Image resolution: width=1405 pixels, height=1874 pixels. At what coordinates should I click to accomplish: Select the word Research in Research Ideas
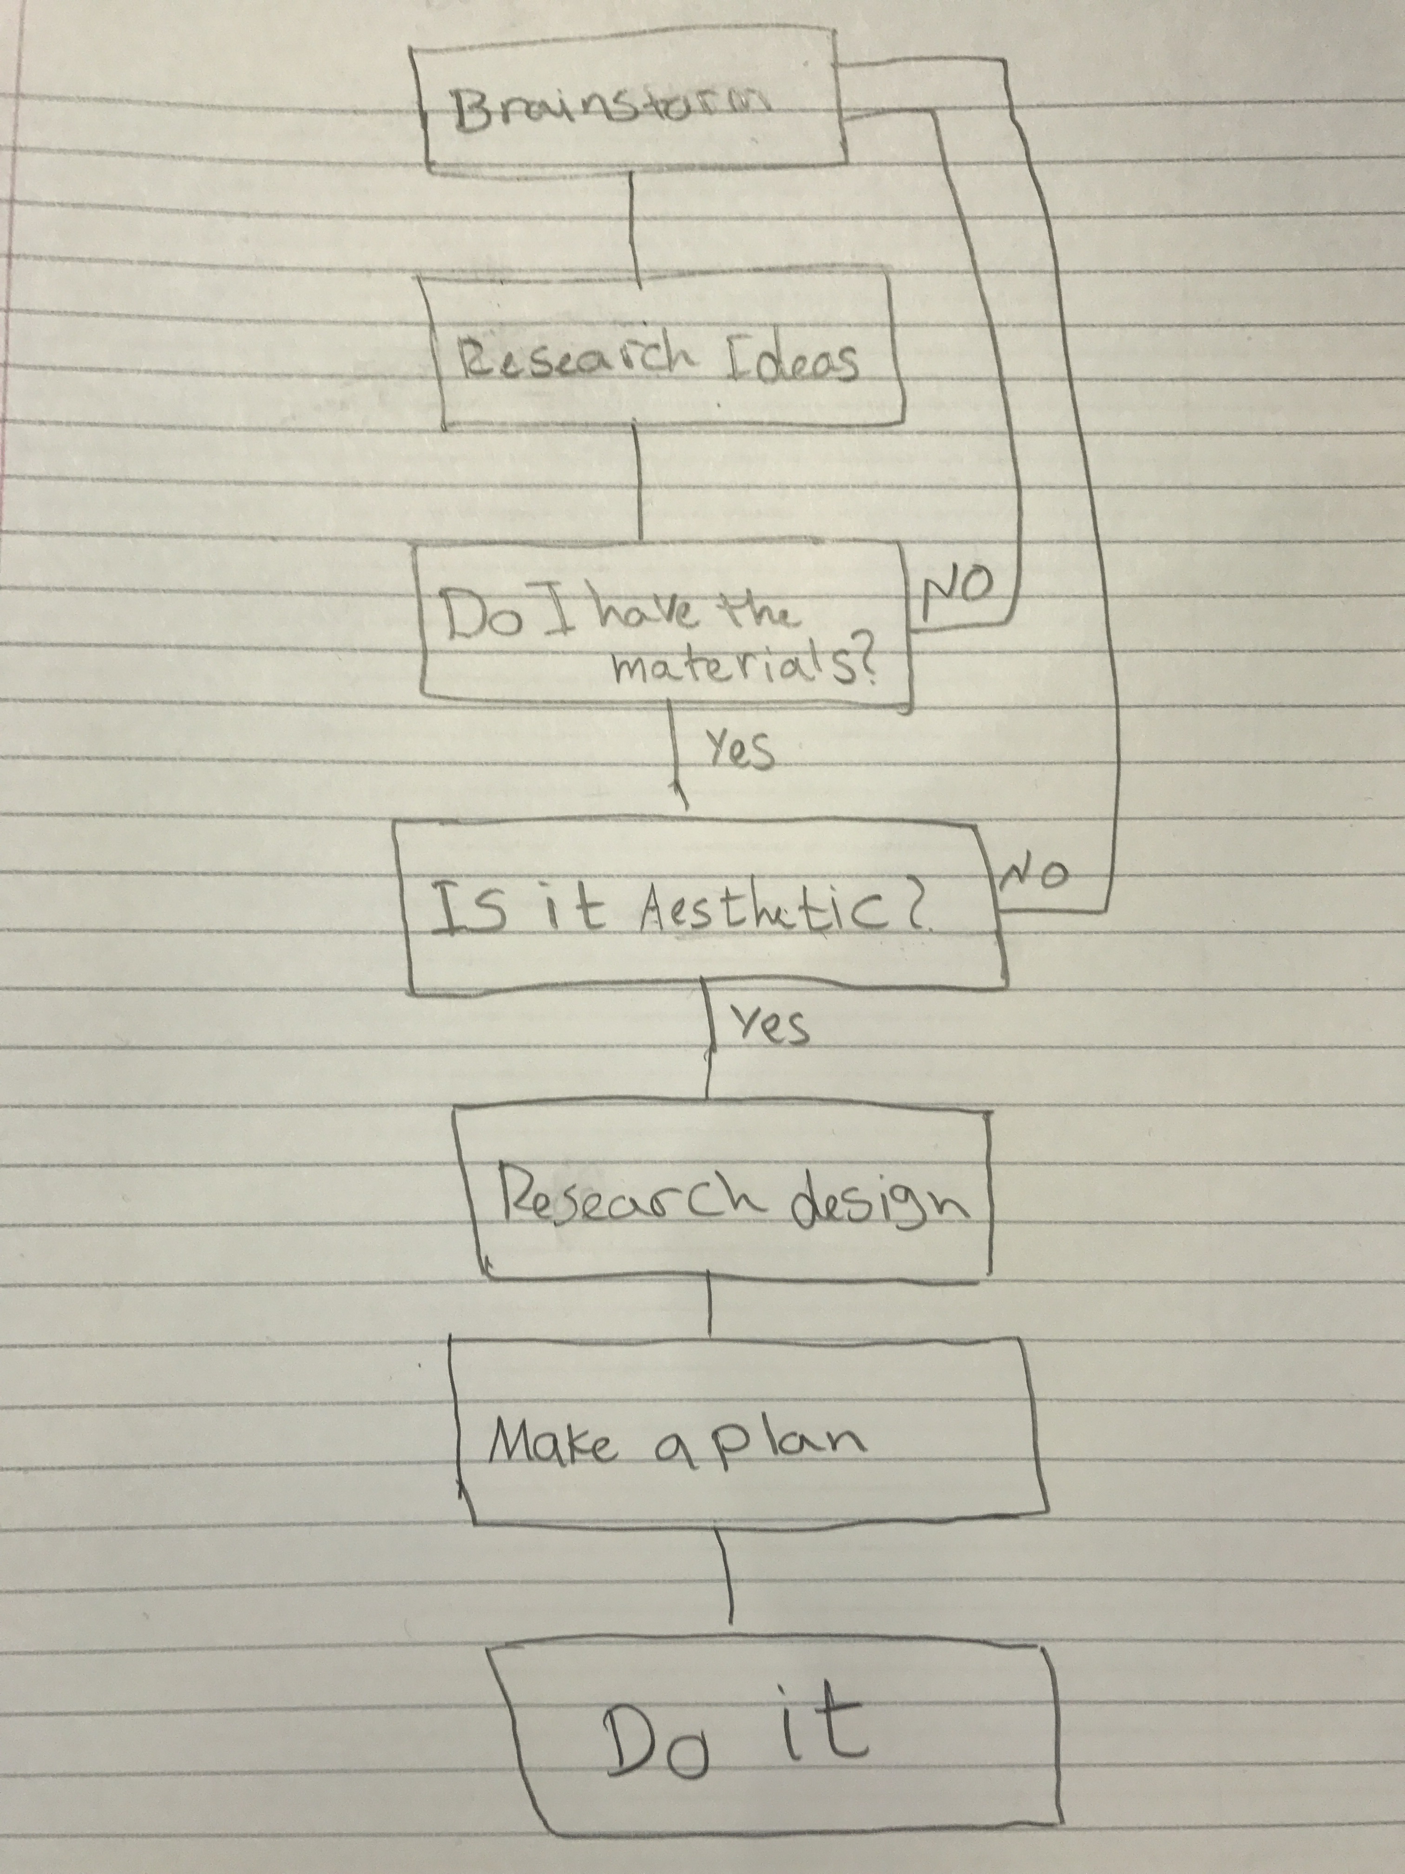[575, 360]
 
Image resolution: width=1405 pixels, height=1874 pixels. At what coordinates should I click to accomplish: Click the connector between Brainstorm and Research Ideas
[633, 224]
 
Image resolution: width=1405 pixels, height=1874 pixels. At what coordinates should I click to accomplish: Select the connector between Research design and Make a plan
[709, 1309]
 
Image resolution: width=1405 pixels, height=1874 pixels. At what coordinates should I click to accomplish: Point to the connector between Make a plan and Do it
[726, 1577]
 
